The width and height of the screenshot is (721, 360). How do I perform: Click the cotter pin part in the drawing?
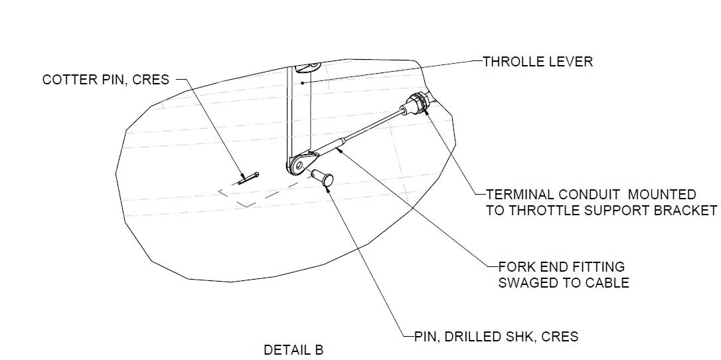(248, 177)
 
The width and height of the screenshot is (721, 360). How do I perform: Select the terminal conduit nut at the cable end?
(417, 103)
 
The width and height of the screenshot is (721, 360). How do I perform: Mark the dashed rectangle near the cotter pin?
(250, 195)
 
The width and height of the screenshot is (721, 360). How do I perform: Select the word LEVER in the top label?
(571, 62)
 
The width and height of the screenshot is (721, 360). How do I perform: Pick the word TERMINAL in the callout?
(520, 195)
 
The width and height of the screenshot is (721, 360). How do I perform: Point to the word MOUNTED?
(662, 195)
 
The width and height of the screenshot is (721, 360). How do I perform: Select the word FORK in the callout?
(516, 267)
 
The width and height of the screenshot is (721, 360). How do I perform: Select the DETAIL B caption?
(293, 350)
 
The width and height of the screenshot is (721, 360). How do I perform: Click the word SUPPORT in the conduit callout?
(611, 211)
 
